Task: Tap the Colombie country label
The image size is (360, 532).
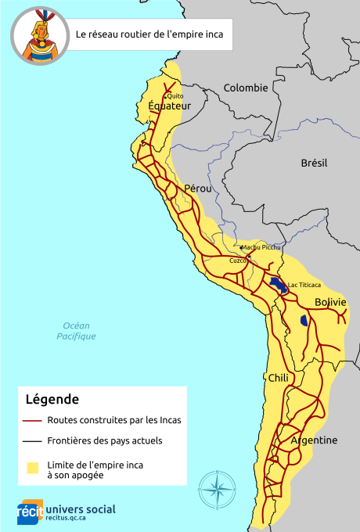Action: pos(246,88)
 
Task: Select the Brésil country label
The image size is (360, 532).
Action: pos(314,163)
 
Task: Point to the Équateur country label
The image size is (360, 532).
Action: pos(169,106)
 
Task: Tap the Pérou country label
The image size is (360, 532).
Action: pos(198,189)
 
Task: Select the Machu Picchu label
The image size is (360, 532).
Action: pos(261,247)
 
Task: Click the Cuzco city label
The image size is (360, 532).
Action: pos(238,261)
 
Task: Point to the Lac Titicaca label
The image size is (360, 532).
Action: pos(304,285)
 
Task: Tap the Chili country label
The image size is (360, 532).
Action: pos(279,378)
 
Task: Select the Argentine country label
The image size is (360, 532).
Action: pos(314,440)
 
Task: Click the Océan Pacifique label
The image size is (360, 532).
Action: pos(77,331)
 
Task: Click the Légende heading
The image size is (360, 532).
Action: pos(52,399)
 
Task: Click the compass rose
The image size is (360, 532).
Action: pos(218,490)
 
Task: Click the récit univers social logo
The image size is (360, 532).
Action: pos(67,511)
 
